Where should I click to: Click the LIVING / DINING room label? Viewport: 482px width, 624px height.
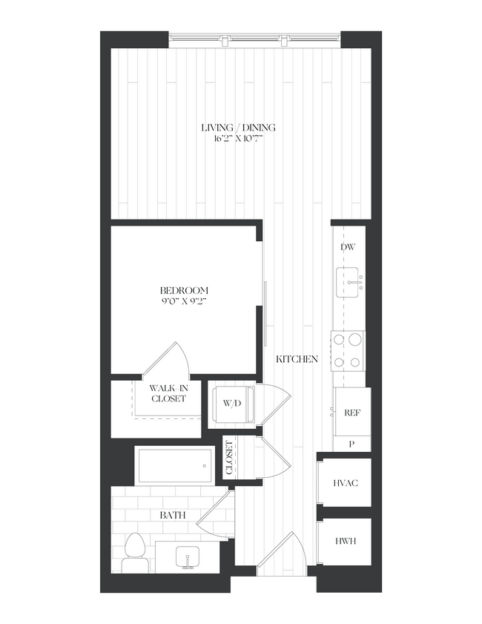[240, 127]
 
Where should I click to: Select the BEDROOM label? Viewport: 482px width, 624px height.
[184, 290]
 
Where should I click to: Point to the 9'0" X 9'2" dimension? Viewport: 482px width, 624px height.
[184, 302]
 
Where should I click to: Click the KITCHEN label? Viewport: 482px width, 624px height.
[297, 359]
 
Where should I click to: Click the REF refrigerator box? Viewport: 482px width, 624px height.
[352, 413]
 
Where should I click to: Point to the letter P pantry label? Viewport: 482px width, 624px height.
[351, 444]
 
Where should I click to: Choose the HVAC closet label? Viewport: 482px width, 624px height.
[346, 484]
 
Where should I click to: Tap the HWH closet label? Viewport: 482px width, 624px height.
[346, 541]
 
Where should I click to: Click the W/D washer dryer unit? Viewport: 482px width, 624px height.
[233, 404]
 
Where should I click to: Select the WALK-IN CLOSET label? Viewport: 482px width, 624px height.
[167, 393]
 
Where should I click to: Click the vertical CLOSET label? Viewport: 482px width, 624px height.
[230, 459]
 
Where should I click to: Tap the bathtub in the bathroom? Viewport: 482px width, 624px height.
[174, 465]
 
